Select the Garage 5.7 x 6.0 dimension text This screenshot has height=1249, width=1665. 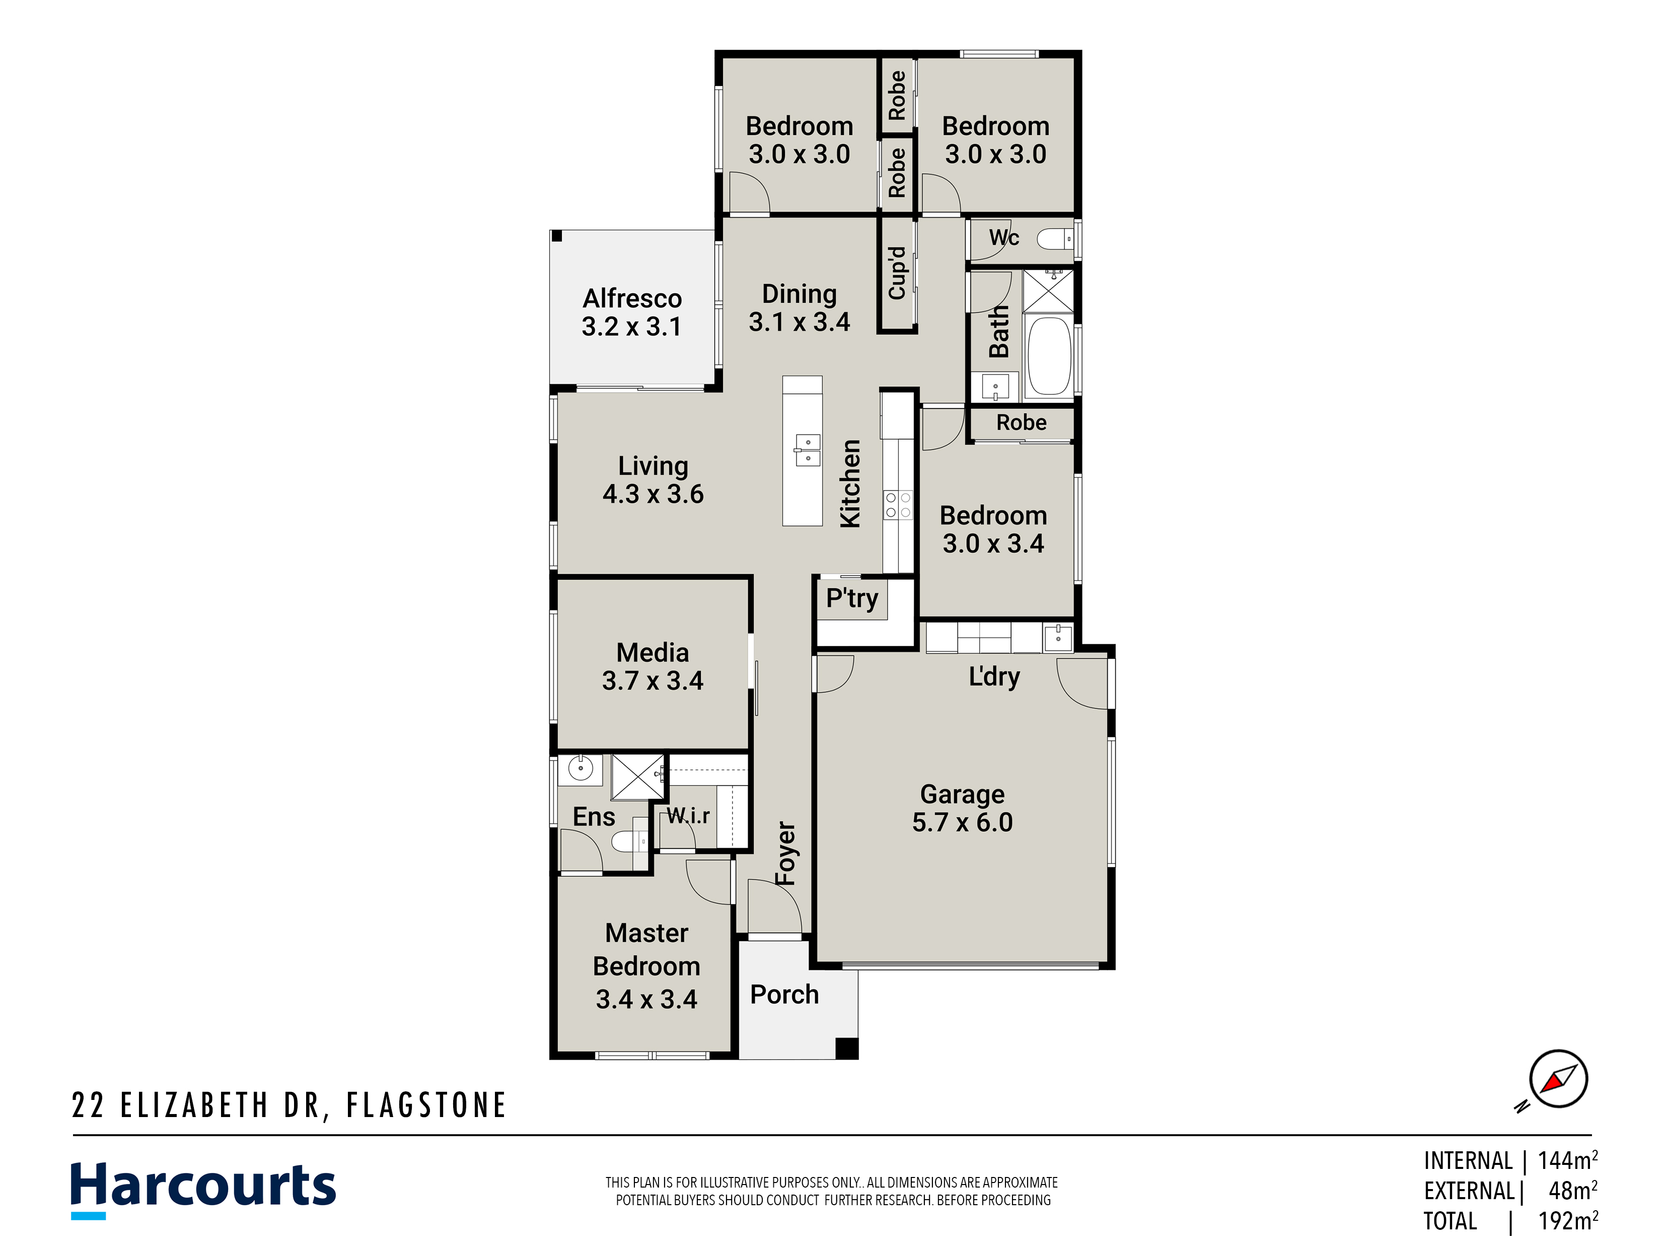pyautogui.click(x=962, y=822)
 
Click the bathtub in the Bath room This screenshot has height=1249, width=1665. pyautogui.click(x=1049, y=356)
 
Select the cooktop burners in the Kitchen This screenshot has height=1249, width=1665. pyautogui.click(x=897, y=505)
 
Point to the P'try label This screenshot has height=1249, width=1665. pyautogui.click(x=851, y=598)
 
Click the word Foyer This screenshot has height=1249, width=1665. pyautogui.click(x=785, y=853)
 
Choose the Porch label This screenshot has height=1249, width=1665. pyautogui.click(x=784, y=995)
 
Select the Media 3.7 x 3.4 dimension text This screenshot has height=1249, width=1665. pyautogui.click(x=652, y=680)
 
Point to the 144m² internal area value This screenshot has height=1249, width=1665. pyautogui.click(x=1568, y=1160)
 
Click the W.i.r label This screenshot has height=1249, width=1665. pyautogui.click(x=688, y=815)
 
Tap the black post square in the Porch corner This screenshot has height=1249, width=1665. pyautogui.click(x=847, y=1048)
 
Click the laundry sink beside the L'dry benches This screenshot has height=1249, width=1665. pyautogui.click(x=1058, y=638)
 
